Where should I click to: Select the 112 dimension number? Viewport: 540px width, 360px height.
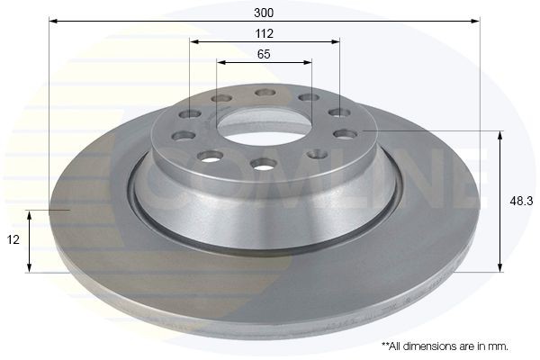(265, 33)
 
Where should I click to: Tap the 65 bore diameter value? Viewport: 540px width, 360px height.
(264, 54)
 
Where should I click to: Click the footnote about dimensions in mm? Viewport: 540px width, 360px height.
(445, 346)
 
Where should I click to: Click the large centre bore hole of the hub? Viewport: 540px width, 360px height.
(264, 124)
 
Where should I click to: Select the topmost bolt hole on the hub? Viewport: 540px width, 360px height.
(265, 92)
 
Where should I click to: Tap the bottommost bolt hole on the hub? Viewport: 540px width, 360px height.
(264, 163)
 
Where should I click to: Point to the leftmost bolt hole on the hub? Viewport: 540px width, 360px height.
(184, 136)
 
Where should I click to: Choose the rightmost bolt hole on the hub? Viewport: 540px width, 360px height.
(345, 134)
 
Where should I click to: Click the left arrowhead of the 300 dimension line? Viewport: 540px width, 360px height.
(51, 20)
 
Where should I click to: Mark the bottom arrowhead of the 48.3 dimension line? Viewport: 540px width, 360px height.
(500, 267)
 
